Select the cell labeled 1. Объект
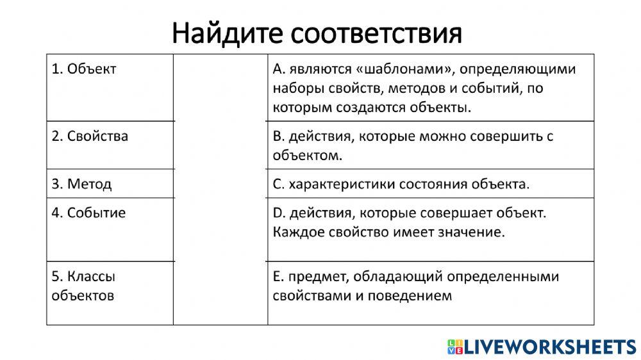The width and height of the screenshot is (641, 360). [x=84, y=69]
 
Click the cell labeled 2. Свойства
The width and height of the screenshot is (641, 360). [x=90, y=136]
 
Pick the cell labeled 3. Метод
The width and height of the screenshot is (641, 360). [x=81, y=184]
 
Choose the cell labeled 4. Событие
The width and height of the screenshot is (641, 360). [x=88, y=213]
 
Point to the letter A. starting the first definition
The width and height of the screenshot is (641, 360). [x=278, y=69]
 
